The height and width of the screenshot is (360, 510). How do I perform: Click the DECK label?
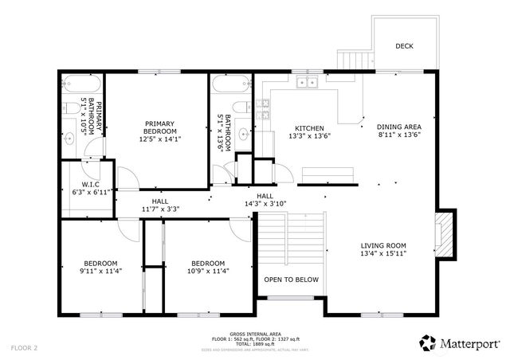coord(404,46)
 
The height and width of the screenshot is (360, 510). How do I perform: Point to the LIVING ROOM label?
coord(383,250)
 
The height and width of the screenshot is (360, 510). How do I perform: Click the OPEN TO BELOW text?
coord(291,280)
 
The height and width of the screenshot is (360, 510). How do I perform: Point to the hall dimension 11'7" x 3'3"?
coord(160,205)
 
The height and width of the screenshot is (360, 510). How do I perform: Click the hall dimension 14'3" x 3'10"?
coord(265,199)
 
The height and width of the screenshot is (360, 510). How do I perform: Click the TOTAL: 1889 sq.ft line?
coord(254,344)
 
